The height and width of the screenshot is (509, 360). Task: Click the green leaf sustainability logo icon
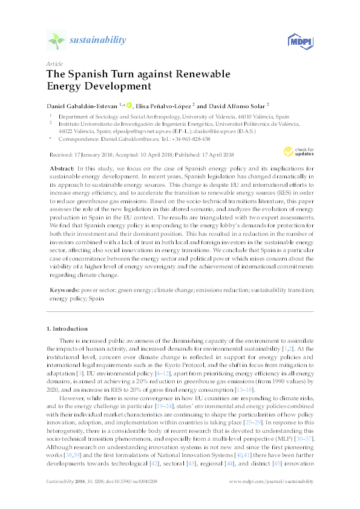click(x=56, y=41)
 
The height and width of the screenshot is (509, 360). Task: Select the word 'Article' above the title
click(x=54, y=63)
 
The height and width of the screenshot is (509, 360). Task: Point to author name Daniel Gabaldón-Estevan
click(x=82, y=106)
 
